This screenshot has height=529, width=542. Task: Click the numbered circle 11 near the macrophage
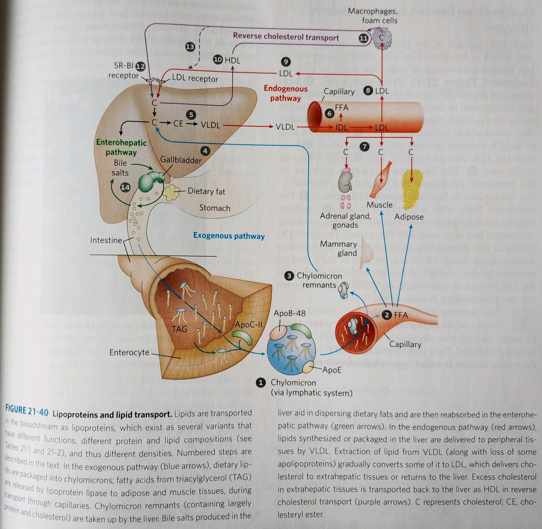(363, 38)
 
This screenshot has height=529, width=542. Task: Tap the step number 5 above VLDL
(190, 114)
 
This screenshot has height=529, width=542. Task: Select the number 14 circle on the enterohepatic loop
(125, 187)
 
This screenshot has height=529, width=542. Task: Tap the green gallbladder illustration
(150, 180)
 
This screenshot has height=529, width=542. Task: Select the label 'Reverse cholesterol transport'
(286, 37)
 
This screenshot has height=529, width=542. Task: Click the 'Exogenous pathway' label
(229, 236)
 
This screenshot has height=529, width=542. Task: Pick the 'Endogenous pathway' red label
(285, 93)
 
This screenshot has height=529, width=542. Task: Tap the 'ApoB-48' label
(290, 313)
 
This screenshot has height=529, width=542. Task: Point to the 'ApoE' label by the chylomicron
(332, 370)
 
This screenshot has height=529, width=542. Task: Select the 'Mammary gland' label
(339, 248)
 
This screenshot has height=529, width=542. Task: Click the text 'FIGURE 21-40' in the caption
(27, 411)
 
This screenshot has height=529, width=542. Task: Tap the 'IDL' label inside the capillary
(342, 127)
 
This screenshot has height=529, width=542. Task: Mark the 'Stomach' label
(215, 208)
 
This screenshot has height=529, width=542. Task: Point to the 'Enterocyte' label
(129, 352)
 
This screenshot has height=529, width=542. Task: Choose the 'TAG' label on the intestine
(179, 329)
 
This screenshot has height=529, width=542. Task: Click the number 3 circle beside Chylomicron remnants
(289, 276)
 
